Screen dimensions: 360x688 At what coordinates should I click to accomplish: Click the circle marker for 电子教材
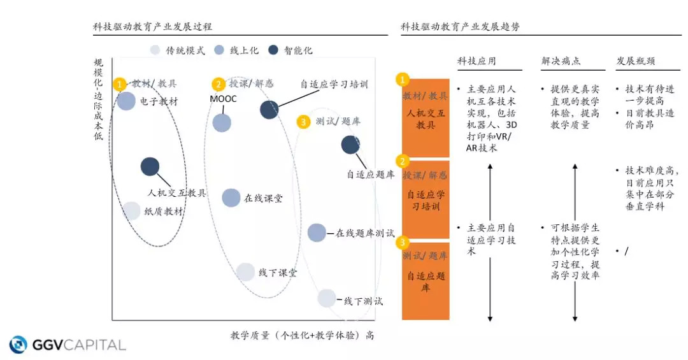tap(126, 101)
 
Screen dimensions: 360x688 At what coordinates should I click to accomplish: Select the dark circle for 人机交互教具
tap(150, 166)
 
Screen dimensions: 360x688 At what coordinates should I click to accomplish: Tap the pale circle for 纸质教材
tap(131, 211)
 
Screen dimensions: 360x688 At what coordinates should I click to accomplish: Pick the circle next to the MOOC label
tap(222, 122)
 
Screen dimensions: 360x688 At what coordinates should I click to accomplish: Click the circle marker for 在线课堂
tap(231, 198)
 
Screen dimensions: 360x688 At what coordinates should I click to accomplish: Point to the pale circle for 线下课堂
tap(245, 272)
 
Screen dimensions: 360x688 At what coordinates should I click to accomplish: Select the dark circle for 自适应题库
tap(350, 145)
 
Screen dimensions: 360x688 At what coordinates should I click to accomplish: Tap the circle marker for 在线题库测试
tap(317, 233)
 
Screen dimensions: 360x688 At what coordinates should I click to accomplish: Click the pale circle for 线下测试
tap(326, 298)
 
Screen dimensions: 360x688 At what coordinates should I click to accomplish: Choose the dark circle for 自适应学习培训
tap(269, 110)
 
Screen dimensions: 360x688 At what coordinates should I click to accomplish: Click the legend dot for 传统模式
tap(155, 50)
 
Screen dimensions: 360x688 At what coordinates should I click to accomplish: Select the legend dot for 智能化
tap(274, 50)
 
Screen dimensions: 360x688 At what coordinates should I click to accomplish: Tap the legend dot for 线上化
tap(219, 50)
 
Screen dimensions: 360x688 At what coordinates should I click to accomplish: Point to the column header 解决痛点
tap(561, 61)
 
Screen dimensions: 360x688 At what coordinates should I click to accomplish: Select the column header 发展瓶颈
tap(635, 61)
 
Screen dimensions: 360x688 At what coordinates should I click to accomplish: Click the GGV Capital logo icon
tap(18, 345)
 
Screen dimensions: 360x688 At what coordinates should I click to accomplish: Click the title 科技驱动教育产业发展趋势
tap(460, 27)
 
